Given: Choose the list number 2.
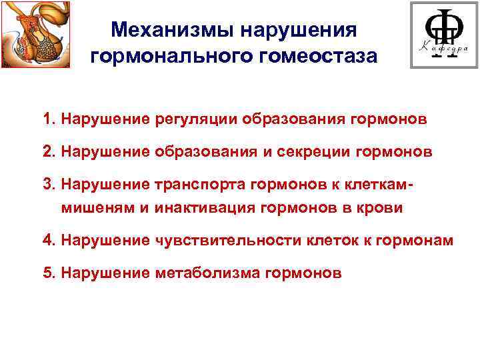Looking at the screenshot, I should pos(46,152).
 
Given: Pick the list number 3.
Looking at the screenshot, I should pos(46,184).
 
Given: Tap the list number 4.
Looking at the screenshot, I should pos(46,240).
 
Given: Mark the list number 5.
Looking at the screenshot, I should pos(46,272).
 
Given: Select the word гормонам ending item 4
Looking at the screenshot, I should pos(419,240).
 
